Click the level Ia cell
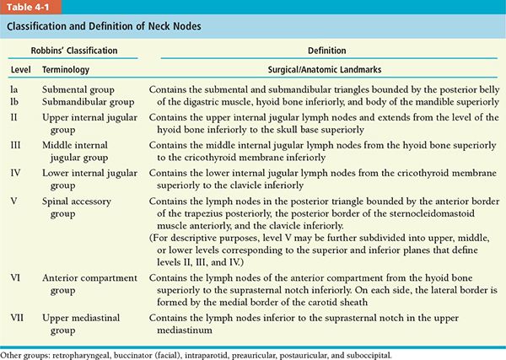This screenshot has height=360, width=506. (15, 87)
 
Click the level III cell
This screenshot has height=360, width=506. (16, 145)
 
